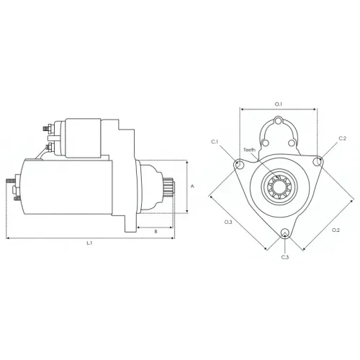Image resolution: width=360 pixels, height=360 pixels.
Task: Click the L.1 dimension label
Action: coord(89,243)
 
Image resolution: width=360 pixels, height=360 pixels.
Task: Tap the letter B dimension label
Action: coord(156,231)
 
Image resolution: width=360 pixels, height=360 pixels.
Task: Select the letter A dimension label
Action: coord(192,186)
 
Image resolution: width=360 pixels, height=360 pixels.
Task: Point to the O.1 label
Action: coord(279,104)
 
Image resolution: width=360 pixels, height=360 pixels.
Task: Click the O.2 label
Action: coord(336,230)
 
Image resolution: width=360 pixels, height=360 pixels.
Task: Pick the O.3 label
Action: coord(228,222)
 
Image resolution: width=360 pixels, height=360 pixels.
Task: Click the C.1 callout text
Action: coord(215,142)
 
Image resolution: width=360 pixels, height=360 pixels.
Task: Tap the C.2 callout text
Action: coord(343,138)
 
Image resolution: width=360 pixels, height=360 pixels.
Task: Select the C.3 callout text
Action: coord(285,257)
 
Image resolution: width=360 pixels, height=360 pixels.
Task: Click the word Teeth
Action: coord(250,150)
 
